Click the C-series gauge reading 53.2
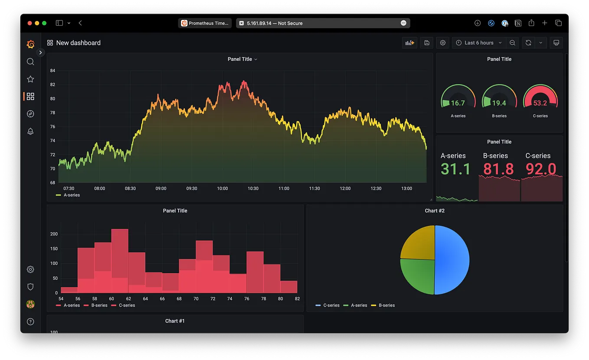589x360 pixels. tap(540, 103)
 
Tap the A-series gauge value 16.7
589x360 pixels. tap(458, 103)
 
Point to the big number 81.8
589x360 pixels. tap(498, 169)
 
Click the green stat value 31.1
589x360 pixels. tap(455, 169)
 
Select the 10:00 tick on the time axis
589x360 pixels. tap(223, 189)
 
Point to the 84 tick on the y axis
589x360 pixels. tap(52, 71)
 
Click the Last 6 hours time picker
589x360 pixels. tap(479, 43)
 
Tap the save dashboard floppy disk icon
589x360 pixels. tap(427, 43)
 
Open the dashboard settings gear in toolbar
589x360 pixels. tap(443, 43)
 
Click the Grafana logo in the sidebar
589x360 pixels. tap(30, 44)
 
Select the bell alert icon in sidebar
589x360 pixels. tap(30, 131)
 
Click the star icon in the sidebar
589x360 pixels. tap(30, 79)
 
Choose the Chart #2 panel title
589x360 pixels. tap(434, 211)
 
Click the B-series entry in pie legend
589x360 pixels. tap(386, 305)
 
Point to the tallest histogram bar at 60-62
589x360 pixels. tap(120, 260)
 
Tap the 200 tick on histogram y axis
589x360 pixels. tap(54, 234)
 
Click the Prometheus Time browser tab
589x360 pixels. tap(205, 23)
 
